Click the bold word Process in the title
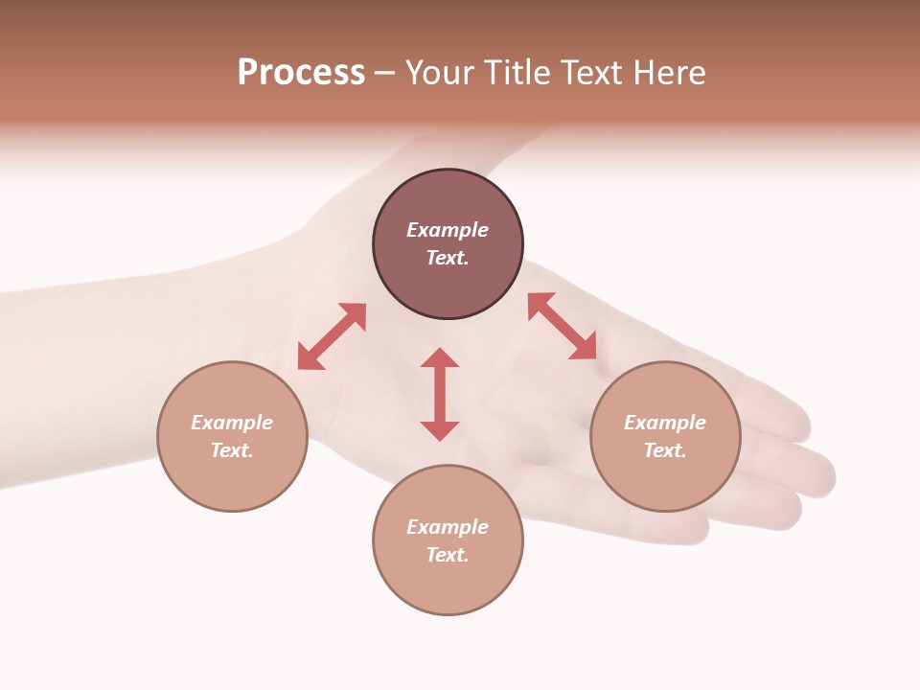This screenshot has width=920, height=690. (x=301, y=73)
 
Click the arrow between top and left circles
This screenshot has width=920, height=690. (x=332, y=336)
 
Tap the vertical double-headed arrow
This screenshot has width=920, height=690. (x=440, y=394)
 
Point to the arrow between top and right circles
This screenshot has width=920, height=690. (x=563, y=326)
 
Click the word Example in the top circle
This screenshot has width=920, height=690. (x=448, y=230)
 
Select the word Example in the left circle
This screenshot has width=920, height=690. (x=232, y=423)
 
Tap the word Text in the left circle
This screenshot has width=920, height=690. (x=232, y=450)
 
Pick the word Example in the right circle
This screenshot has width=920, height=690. (x=665, y=423)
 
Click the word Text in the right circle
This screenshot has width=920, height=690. (x=665, y=450)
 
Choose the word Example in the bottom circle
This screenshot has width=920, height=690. (x=448, y=527)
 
